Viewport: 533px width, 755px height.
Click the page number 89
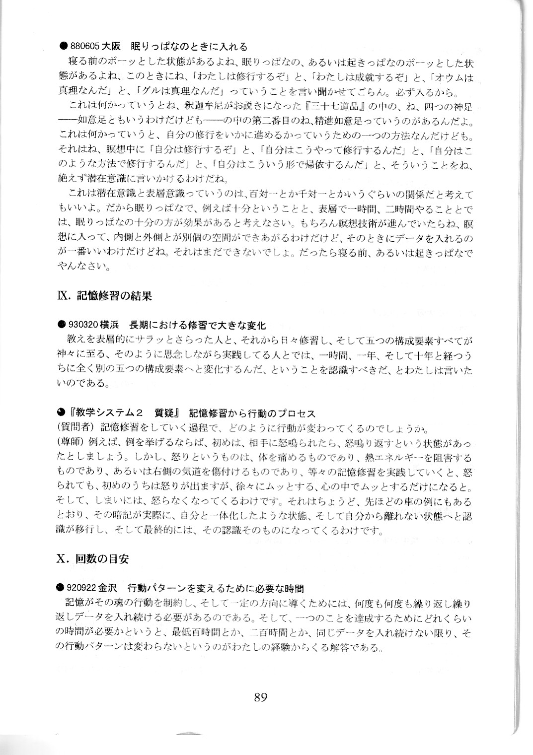(260, 697)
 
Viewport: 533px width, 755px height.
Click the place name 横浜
(110, 325)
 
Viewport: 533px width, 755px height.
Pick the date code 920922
(82, 588)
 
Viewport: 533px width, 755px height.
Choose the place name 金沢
(109, 588)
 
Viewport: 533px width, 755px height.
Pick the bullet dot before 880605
(63, 47)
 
